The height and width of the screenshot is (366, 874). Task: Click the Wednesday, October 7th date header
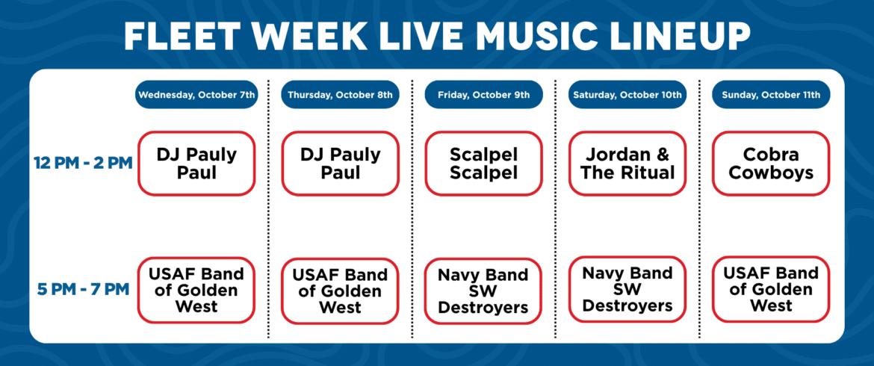[x=196, y=95]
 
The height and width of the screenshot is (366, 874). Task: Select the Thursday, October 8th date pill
[x=340, y=95]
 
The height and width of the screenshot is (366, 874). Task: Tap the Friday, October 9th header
[x=483, y=95]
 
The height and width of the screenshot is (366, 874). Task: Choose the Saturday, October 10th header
[x=627, y=95]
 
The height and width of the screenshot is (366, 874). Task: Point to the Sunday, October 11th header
[x=771, y=95]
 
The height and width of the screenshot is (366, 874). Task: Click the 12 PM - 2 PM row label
[x=83, y=164]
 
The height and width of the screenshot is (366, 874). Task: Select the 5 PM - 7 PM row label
[x=83, y=290]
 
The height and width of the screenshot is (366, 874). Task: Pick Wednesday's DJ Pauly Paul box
[x=196, y=164]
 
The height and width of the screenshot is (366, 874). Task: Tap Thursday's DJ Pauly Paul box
[x=340, y=164]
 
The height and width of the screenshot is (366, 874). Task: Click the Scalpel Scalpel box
[x=483, y=164]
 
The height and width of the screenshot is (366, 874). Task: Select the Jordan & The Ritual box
[x=627, y=164]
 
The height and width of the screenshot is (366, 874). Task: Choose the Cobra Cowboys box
[x=771, y=164]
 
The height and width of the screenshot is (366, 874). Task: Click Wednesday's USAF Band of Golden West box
[x=196, y=290]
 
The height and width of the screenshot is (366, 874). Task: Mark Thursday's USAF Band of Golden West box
[x=340, y=291]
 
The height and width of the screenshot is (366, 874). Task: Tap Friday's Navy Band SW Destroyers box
[x=483, y=291]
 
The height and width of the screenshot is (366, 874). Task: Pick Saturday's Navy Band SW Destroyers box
[x=627, y=289]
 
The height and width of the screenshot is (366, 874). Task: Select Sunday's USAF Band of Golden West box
[x=771, y=289]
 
